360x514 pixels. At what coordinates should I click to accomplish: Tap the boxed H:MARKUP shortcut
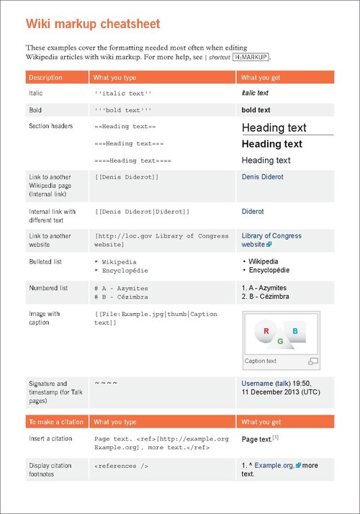[251, 56]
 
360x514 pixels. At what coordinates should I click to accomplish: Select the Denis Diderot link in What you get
[262, 176]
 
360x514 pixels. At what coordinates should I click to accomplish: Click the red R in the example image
[266, 332]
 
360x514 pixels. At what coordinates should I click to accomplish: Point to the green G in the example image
[279, 341]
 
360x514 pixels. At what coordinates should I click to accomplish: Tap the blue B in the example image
[295, 331]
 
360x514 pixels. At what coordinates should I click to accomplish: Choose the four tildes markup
[105, 383]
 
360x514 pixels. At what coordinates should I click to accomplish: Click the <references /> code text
[121, 466]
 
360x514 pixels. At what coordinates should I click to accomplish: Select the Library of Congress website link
[271, 240]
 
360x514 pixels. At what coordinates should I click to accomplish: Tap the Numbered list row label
[48, 288]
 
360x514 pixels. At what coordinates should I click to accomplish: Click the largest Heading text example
[274, 128]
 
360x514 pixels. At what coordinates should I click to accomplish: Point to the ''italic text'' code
[123, 94]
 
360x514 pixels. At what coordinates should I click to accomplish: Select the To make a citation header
[55, 422]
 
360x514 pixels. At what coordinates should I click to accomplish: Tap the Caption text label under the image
[261, 361]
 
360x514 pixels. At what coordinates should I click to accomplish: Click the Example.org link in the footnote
[274, 466]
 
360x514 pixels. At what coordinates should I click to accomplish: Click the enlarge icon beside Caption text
[312, 361]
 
